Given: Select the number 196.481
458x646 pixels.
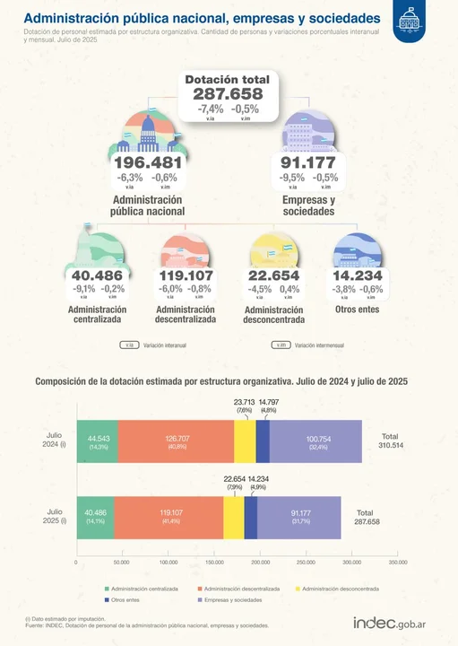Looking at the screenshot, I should pyautogui.click(x=149, y=162).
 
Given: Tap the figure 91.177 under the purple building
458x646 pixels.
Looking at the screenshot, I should pyautogui.click(x=307, y=162).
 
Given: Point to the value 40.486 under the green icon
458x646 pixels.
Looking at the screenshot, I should pyautogui.click(x=98, y=275).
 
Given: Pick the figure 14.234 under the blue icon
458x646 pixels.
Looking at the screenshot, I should pyautogui.click(x=357, y=275).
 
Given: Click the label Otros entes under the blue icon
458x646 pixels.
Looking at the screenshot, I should pyautogui.click(x=357, y=310).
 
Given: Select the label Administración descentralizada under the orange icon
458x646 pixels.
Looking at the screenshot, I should pyautogui.click(x=186, y=314).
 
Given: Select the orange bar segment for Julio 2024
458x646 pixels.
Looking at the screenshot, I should pyautogui.click(x=176, y=441).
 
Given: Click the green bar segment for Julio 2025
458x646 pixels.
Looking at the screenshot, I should pyautogui.click(x=95, y=516).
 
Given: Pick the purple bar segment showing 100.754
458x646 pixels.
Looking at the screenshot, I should pyautogui.click(x=315, y=441).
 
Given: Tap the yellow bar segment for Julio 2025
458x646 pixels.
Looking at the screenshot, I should pyautogui.click(x=233, y=516).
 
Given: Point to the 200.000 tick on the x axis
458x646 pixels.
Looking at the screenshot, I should pyautogui.click(x=260, y=563).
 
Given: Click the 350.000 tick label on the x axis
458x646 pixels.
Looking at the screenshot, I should pyautogui.click(x=398, y=563).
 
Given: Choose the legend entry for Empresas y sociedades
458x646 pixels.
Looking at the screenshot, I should pyautogui.click(x=230, y=600).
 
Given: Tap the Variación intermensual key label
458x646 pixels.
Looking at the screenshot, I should pyautogui.click(x=318, y=345).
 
